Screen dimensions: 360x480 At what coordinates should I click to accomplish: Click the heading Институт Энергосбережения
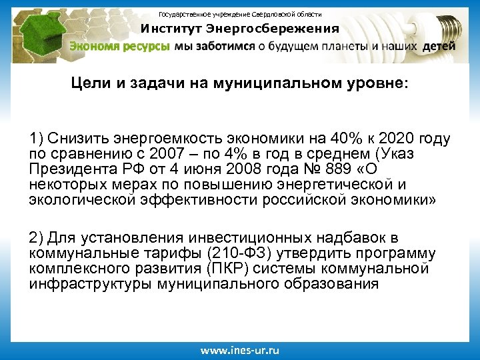tap(239, 29)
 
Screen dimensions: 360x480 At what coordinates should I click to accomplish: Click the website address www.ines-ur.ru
tap(240, 349)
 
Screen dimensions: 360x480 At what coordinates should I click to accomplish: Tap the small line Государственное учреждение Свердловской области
tap(239, 13)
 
